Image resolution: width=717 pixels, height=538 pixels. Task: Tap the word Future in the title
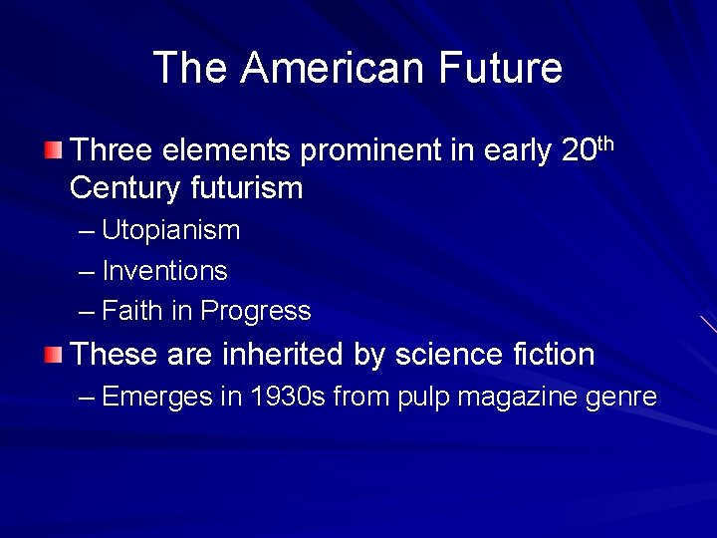tap(501, 68)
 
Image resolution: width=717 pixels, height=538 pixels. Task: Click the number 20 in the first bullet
tap(578, 151)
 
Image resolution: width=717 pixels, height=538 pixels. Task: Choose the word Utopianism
tap(170, 231)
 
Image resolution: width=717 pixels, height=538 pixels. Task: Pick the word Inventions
tap(164, 271)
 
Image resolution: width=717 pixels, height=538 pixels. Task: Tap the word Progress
tap(256, 312)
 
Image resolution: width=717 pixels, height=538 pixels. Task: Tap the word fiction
tap(551, 354)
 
